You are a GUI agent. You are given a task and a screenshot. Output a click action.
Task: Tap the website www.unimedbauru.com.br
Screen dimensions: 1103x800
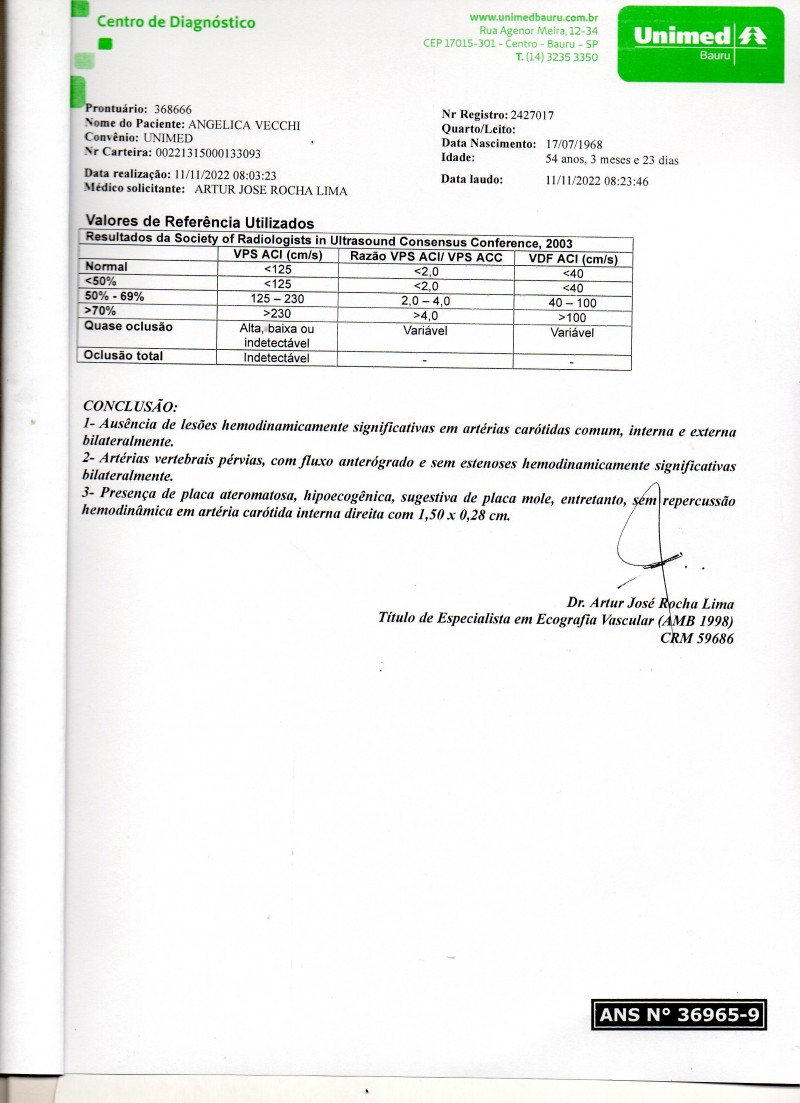(533, 17)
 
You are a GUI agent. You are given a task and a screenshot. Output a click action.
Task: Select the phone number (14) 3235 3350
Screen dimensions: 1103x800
(561, 57)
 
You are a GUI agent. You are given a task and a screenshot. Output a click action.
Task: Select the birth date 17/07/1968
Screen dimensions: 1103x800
(574, 144)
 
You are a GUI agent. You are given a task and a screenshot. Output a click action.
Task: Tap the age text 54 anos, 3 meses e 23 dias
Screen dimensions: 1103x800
(612, 159)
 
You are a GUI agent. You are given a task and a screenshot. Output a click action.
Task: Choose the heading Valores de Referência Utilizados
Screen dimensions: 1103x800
(200, 222)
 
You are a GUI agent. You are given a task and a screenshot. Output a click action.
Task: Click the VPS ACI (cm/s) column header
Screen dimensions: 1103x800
(277, 256)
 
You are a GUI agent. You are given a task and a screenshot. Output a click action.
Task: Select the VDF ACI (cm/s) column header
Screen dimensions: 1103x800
(572, 259)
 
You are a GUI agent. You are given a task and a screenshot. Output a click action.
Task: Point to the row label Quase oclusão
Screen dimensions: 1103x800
(129, 326)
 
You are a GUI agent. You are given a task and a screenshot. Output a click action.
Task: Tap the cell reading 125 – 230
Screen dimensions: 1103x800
(277, 299)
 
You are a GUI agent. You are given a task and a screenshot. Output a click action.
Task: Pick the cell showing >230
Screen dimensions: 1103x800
(277, 313)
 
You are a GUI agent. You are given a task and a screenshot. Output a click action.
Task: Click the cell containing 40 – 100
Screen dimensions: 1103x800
(572, 302)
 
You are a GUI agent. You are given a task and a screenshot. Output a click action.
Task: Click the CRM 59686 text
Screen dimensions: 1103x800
(697, 637)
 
